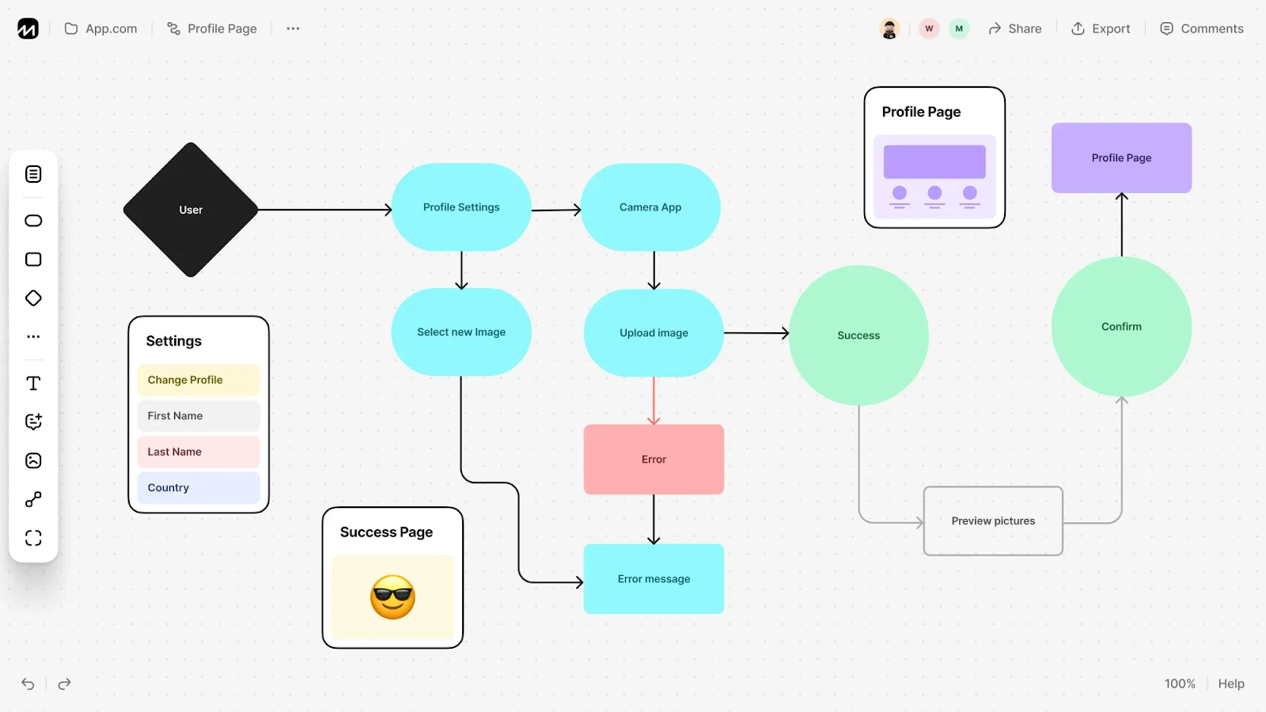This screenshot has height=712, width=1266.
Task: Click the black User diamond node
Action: pyautogui.click(x=191, y=210)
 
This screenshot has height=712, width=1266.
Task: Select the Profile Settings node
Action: pyautogui.click(x=461, y=207)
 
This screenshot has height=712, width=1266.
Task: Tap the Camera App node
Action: pyautogui.click(x=650, y=207)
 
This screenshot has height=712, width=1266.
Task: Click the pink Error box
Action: pyautogui.click(x=654, y=460)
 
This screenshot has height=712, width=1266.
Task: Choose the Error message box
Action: pyautogui.click(x=654, y=579)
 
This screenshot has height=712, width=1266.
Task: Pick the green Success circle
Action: pyautogui.click(x=859, y=335)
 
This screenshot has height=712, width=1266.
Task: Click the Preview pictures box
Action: pyautogui.click(x=993, y=521)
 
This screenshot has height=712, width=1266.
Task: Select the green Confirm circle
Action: pyautogui.click(x=1121, y=327)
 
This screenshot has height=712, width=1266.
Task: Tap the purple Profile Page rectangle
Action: pyautogui.click(x=1121, y=158)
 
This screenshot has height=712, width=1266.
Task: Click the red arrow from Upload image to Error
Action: pyautogui.click(x=654, y=400)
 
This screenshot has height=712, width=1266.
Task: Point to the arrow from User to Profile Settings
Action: pyautogui.click(x=324, y=210)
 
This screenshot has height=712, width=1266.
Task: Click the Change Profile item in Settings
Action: pyautogui.click(x=198, y=380)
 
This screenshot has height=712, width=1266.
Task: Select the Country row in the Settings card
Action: pyautogui.click(x=198, y=488)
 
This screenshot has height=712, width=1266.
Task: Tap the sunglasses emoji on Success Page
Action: pyautogui.click(x=392, y=597)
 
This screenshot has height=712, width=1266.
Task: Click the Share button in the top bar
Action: pyautogui.click(x=1015, y=28)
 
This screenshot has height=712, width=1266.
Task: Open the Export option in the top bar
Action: pyautogui.click(x=1101, y=28)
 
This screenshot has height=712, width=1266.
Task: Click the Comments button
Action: pyautogui.click(x=1202, y=28)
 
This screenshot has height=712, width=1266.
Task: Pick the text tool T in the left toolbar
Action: pyautogui.click(x=33, y=384)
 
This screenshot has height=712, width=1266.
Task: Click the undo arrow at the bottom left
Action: pyautogui.click(x=28, y=684)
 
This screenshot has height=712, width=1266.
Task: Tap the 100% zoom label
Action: pyautogui.click(x=1180, y=684)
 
